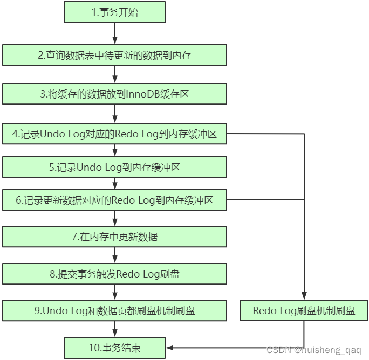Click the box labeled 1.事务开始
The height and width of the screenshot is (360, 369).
(114, 12)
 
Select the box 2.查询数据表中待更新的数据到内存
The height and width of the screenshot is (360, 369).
(114, 55)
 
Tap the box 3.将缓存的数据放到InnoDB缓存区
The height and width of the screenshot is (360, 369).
(114, 94)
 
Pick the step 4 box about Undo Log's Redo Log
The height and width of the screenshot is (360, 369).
(114, 134)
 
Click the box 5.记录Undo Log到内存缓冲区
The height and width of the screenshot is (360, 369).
(114, 168)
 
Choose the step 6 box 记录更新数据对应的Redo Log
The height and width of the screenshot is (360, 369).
(114, 200)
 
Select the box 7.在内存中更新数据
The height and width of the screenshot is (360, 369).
(114, 237)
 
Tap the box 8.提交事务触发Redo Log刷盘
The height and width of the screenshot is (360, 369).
(114, 274)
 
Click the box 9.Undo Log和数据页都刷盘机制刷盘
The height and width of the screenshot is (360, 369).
(114, 310)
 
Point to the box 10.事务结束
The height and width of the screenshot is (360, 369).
(114, 348)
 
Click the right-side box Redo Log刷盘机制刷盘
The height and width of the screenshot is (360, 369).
(304, 310)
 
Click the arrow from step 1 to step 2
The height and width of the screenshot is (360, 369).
(114, 34)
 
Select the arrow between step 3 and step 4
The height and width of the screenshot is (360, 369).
(114, 114)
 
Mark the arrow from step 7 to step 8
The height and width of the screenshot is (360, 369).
(114, 255)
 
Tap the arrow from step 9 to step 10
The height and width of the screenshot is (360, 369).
(114, 329)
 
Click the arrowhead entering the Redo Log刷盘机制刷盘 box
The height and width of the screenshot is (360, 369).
(304, 297)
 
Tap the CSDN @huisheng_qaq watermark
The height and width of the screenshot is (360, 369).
(317, 350)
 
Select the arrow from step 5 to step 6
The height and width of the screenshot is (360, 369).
(114, 184)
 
